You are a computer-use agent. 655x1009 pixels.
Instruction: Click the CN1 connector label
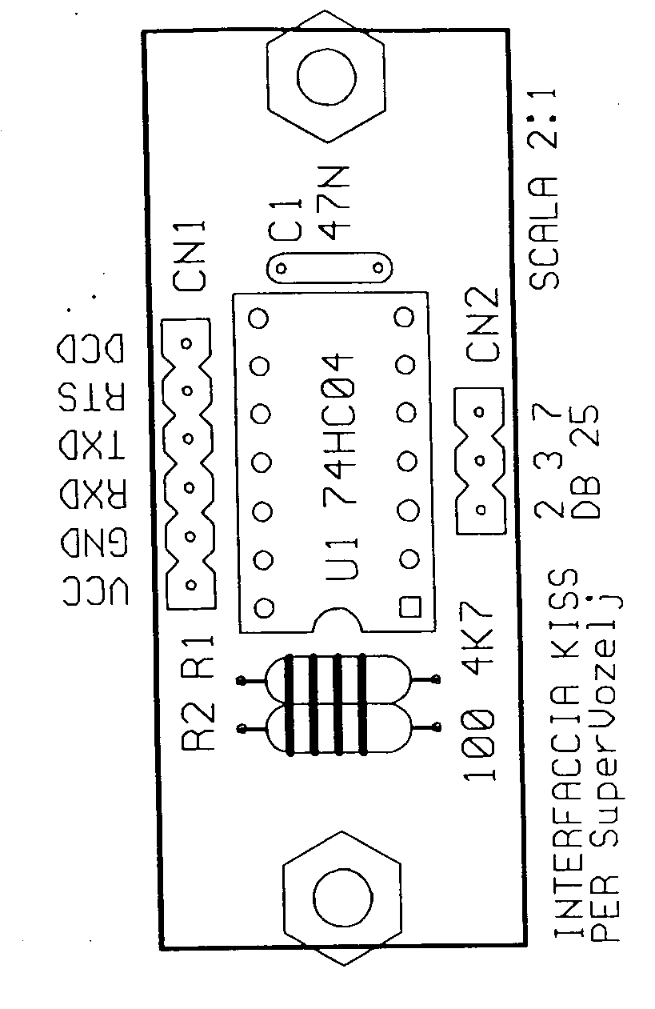click(190, 256)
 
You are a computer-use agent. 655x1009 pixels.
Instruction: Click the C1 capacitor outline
click(330, 268)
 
